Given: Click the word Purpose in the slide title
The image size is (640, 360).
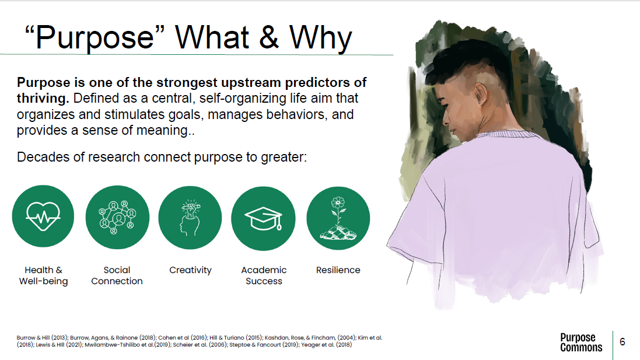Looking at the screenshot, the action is pos(95,38).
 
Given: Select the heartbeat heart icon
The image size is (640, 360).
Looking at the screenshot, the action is pos(43,216).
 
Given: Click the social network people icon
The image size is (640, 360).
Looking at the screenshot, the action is pos(117,217).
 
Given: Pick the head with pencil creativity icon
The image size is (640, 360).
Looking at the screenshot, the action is pos(190,218).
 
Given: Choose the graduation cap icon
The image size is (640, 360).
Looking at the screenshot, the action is pos(263,219).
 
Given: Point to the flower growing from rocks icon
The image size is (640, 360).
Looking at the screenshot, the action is pos(338,218).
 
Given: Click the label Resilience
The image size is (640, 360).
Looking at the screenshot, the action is pos(338,270).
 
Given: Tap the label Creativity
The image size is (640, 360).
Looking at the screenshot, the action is pos(190,270).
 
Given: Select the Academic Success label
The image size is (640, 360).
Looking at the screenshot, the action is pos(264,275).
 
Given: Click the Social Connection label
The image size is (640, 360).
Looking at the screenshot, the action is pos(117,275).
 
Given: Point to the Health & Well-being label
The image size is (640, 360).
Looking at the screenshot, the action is pos(43,275).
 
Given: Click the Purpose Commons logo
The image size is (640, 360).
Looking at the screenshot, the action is pos(581,342).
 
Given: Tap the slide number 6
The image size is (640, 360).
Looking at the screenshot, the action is pos(622,342).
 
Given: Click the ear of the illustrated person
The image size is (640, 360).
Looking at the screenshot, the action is pos(481,94).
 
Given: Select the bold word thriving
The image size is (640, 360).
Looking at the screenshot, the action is pos(43,99).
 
